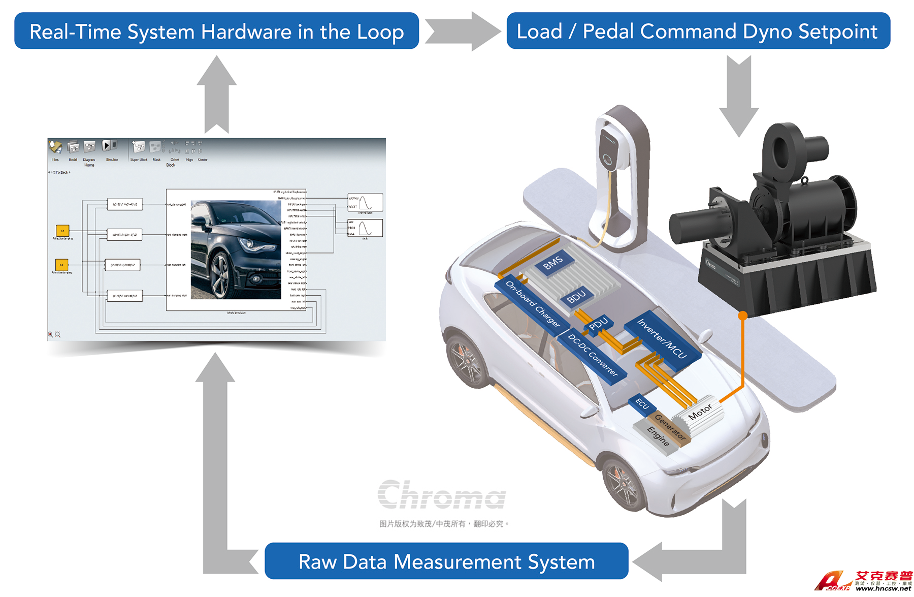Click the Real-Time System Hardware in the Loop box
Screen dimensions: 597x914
[x=216, y=32]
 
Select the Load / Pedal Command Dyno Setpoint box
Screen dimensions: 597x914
[x=698, y=32]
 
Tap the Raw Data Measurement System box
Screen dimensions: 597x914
[x=446, y=561]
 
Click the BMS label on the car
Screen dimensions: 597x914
[x=552, y=263]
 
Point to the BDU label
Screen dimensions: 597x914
[x=576, y=296]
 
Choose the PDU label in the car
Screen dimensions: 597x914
[x=598, y=324]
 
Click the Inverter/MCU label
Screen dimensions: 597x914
[x=662, y=338]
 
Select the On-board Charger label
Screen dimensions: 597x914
[x=533, y=303]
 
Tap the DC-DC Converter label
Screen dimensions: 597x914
[x=593, y=355]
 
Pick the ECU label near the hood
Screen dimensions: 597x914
[x=642, y=404]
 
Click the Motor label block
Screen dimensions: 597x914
[x=700, y=412]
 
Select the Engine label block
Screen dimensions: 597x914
[x=658, y=436]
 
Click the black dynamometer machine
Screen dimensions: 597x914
[x=777, y=218]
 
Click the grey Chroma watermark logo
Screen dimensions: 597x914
[x=441, y=494]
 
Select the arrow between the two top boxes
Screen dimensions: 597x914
[x=462, y=32]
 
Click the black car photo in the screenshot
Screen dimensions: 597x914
[x=236, y=249]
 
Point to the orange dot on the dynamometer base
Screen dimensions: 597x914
[x=742, y=316]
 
